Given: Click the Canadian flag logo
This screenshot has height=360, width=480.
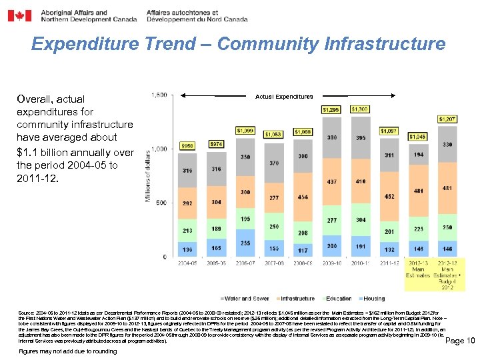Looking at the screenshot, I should [x=19, y=15].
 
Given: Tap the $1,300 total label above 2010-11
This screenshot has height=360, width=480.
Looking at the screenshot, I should [x=361, y=109].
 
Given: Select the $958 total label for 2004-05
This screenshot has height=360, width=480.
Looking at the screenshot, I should [x=189, y=145].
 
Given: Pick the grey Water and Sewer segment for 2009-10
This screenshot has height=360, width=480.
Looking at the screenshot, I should [x=331, y=138].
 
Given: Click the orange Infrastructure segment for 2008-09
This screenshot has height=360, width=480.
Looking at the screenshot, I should [x=303, y=197].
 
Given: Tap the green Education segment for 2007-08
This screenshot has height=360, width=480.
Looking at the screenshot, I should [x=274, y=227].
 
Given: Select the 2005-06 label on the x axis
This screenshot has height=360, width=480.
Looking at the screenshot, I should [x=217, y=263].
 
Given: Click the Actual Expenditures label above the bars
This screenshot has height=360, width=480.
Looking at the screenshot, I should [x=283, y=97].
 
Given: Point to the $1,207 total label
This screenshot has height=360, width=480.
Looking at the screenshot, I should [x=447, y=119].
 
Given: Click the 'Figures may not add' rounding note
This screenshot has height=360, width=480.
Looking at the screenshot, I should [x=59, y=351].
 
